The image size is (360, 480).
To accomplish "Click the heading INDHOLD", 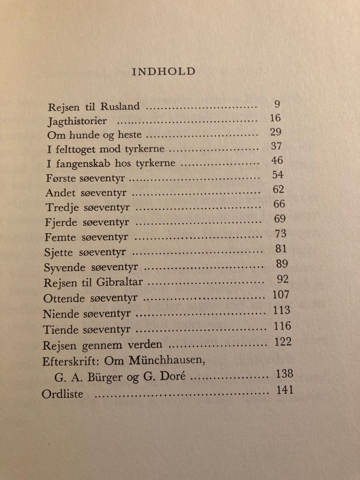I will tap(163, 72).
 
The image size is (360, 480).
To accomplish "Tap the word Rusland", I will tap(120, 106).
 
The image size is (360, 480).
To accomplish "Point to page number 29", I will tap(276, 132).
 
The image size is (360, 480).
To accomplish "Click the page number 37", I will tap(276, 146).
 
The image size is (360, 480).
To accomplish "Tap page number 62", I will tap(278, 189).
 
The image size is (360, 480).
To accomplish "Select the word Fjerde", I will tap(61, 222).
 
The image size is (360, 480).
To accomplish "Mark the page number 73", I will tap(280, 234).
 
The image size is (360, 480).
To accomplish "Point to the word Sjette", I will tap(58, 252).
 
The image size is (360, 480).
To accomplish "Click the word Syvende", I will tap(60, 268).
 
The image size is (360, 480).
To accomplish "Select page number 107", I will tap(281, 295).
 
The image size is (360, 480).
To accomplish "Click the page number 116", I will tap(282, 326).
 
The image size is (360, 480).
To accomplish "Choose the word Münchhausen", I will tap(167, 361).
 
